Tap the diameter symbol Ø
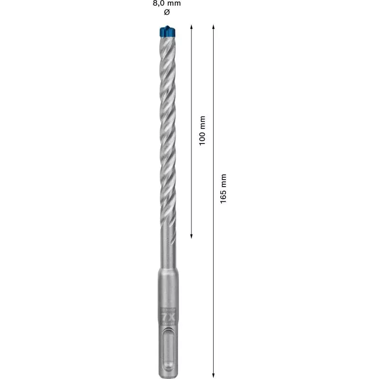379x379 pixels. click(166, 12)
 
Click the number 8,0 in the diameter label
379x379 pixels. click(157, 3)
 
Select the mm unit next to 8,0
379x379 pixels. click(174, 3)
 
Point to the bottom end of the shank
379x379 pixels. click(166, 364)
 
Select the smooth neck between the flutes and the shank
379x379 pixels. click(166, 251)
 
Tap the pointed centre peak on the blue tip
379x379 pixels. click(166, 27)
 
